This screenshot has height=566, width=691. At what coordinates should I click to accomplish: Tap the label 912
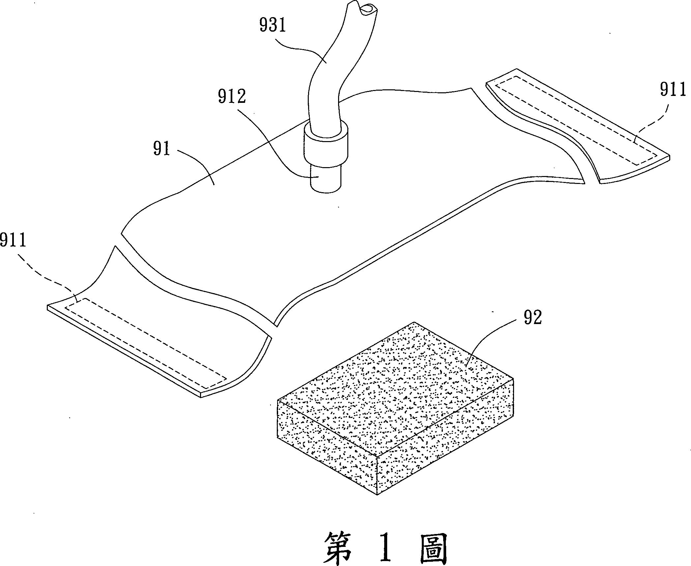232,97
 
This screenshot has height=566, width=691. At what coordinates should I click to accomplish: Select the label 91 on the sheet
161,149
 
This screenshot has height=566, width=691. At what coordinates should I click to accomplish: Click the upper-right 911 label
673,90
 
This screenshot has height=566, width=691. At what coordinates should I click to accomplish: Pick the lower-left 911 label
13,240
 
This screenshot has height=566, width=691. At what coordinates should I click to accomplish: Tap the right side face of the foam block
445,438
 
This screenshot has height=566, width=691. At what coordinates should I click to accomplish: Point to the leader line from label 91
194,162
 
